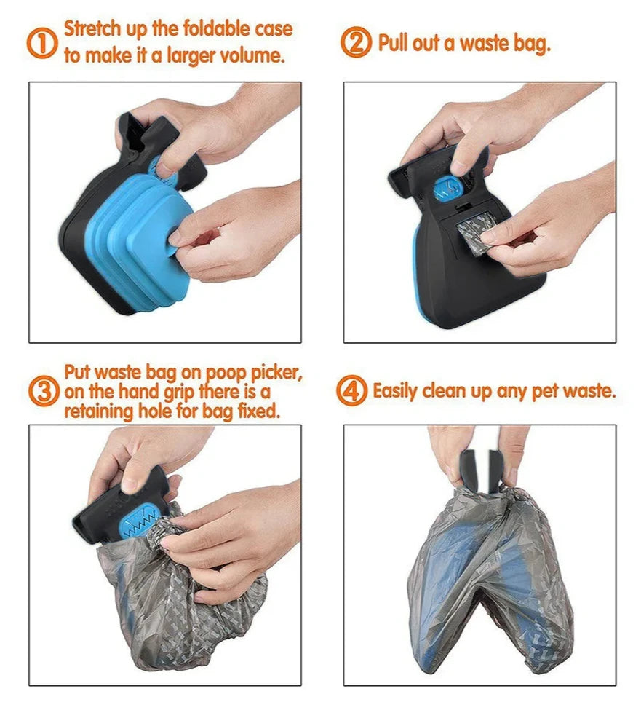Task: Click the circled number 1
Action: [42, 43]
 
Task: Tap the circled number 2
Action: [356, 42]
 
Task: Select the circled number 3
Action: [44, 390]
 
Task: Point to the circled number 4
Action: [351, 390]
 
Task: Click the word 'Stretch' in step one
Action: [92, 28]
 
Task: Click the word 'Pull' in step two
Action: [392, 43]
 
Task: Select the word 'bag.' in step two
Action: [532, 44]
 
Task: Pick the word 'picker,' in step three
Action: [276, 373]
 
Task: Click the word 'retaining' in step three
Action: [98, 411]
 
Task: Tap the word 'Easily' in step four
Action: [395, 391]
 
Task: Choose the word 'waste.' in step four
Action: [589, 391]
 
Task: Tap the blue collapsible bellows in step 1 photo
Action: [139, 244]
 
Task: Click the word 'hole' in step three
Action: [155, 411]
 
